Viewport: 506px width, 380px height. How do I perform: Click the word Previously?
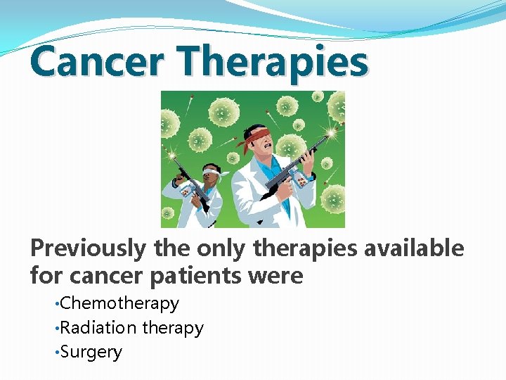click(x=87, y=248)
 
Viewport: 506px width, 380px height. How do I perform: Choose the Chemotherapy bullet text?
click(x=119, y=303)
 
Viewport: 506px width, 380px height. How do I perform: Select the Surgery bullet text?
click(x=91, y=352)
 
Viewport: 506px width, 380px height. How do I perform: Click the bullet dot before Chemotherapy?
click(x=57, y=304)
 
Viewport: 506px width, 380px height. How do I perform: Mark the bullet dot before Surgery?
click(x=57, y=353)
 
